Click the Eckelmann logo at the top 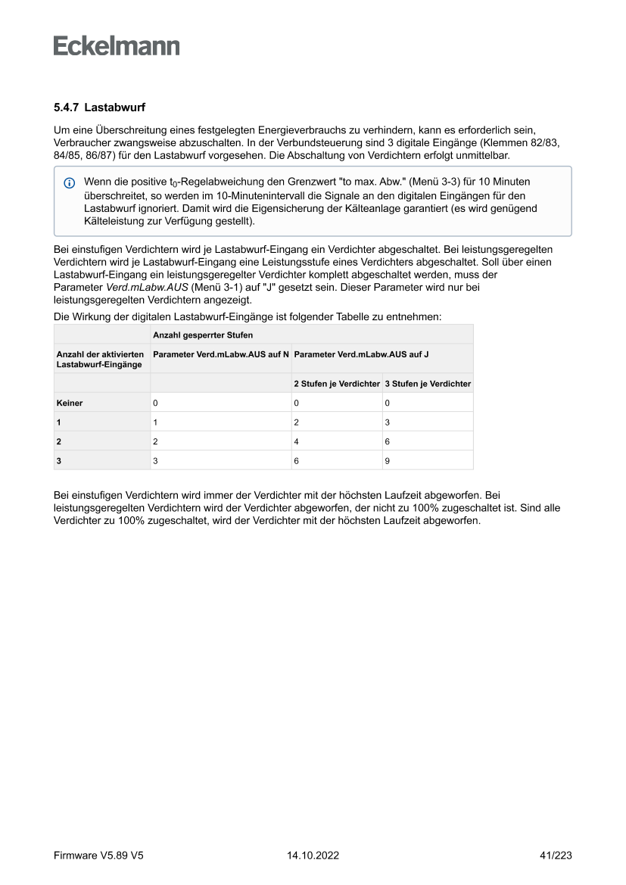(117, 46)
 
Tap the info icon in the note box (70, 183)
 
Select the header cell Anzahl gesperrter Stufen (203, 335)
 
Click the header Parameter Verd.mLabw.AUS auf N (220, 354)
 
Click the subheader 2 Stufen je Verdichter (337, 384)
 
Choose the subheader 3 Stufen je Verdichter (428, 384)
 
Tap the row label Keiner (70, 404)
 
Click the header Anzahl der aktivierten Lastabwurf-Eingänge (101, 358)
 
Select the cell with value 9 (388, 460)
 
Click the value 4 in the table (297, 441)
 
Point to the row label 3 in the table (60, 460)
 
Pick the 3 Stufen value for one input (388, 422)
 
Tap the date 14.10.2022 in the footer (313, 855)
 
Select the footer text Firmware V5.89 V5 (98, 855)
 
